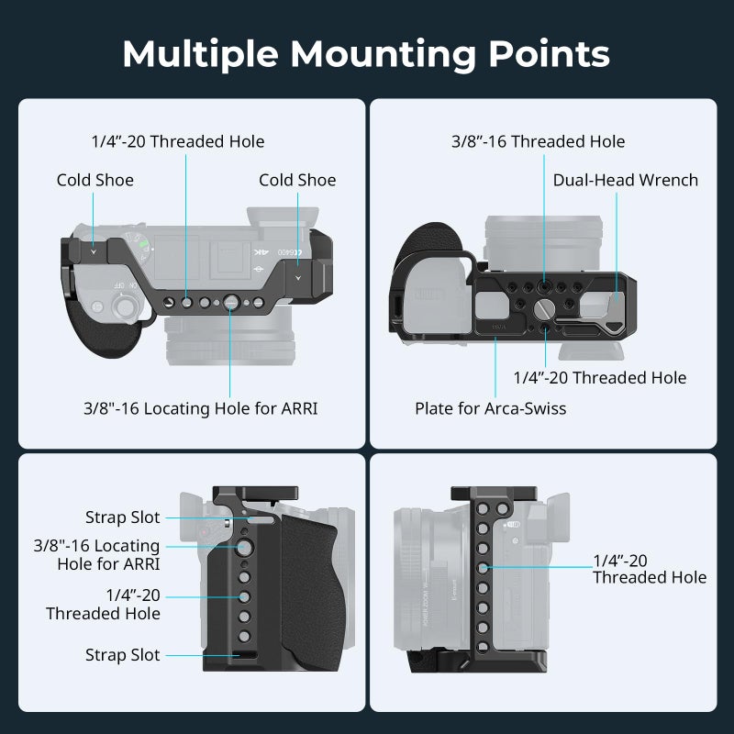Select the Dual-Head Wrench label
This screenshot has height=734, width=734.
tap(625, 180)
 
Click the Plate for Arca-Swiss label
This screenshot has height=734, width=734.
tap(490, 408)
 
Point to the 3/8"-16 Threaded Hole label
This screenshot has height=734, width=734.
tap(538, 141)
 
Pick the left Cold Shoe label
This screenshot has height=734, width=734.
tap(95, 180)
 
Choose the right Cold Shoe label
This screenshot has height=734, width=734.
tap(297, 180)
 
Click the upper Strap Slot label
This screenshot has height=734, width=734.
tap(122, 517)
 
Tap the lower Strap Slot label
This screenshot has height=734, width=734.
tap(122, 655)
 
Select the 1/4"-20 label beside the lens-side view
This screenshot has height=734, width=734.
tap(650, 568)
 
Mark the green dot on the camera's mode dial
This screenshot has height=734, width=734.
tap(141, 244)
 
